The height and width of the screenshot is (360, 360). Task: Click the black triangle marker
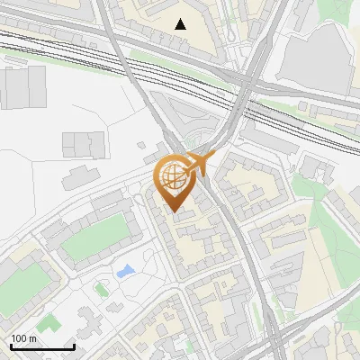click(x=181, y=24)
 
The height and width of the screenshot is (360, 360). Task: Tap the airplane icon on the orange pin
click(x=200, y=163)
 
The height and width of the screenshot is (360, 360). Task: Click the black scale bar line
click(x=41, y=346)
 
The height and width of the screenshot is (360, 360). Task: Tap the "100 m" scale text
click(x=24, y=338)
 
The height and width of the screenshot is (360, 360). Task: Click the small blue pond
click(x=127, y=270)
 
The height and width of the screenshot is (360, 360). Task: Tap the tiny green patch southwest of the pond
click(x=101, y=290)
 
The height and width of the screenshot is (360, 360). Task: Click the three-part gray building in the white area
click(x=84, y=143)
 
